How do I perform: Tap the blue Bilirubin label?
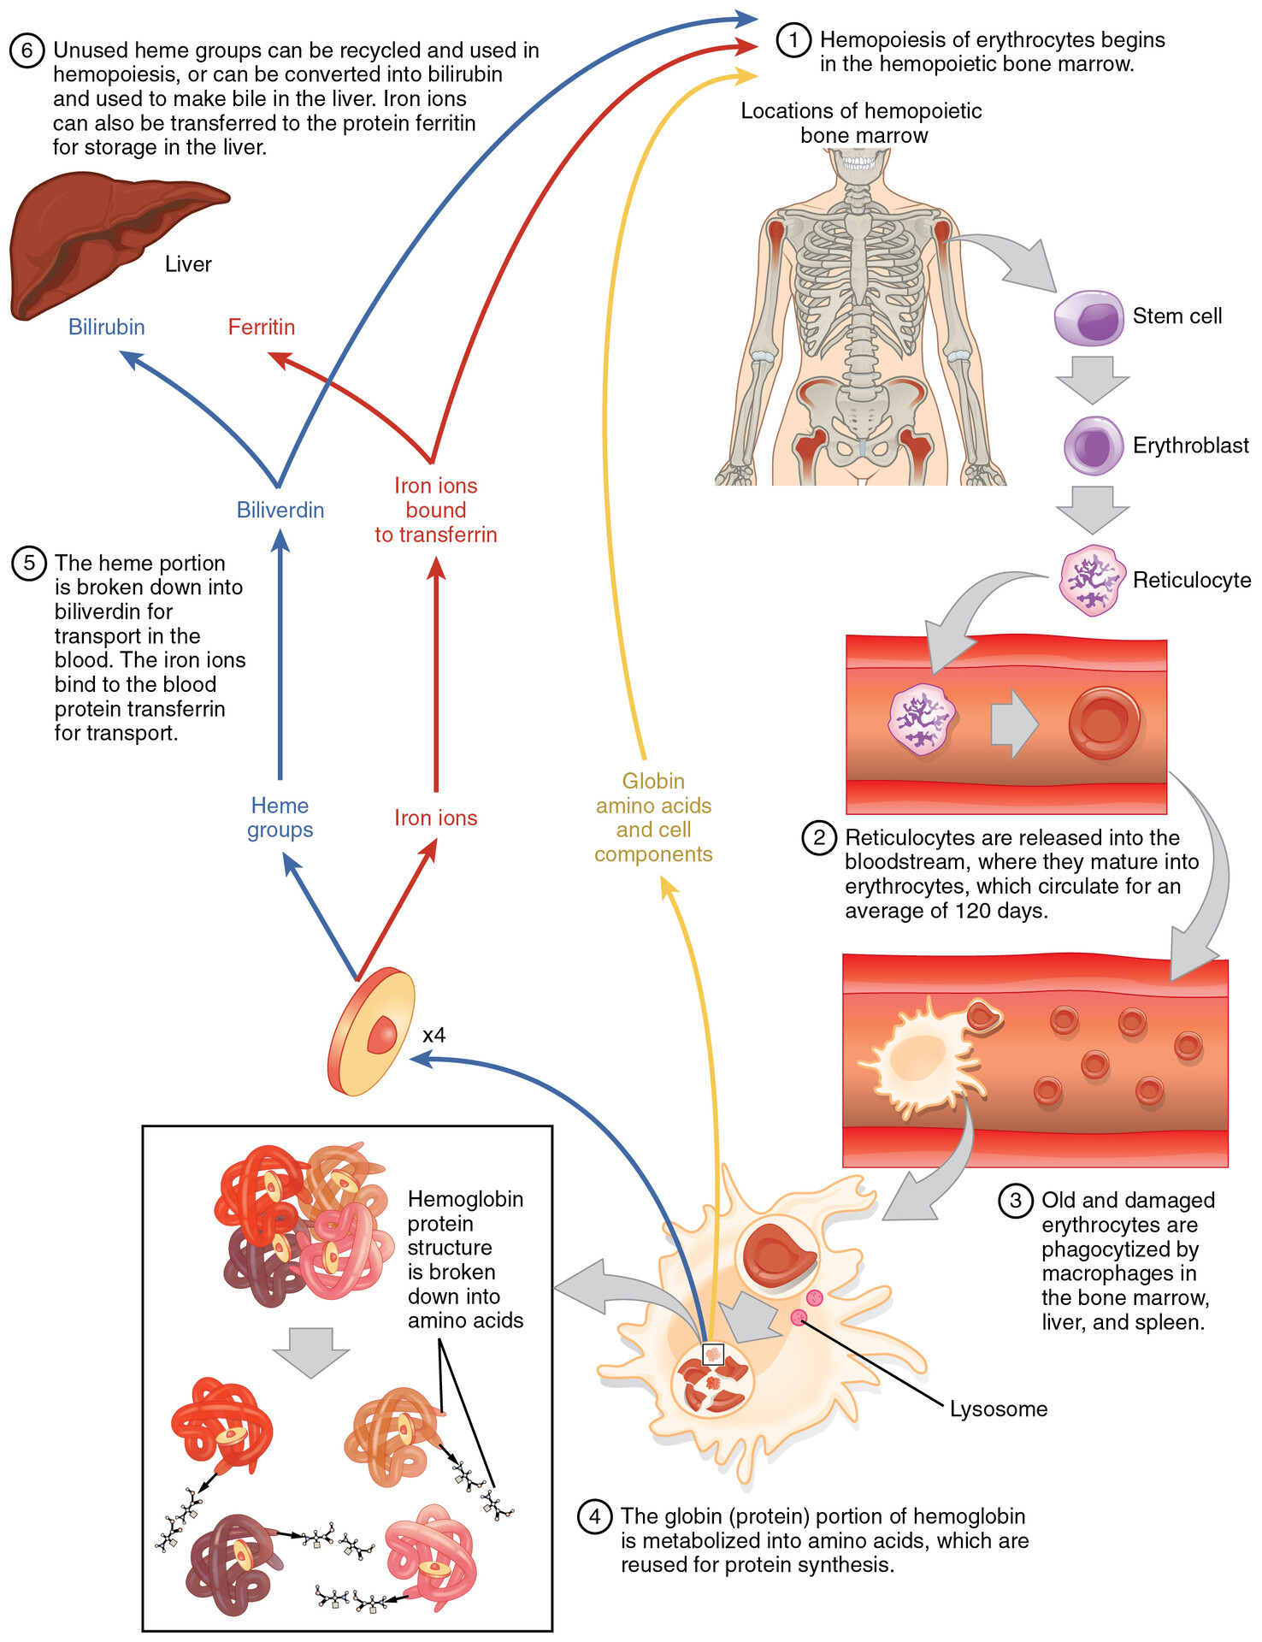tap(107, 327)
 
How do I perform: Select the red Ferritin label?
tap(262, 327)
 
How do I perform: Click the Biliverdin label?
tap(280, 510)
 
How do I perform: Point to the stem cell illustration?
tap(1088, 317)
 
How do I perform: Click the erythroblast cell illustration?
tap(1094, 446)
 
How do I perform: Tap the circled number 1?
tap(793, 39)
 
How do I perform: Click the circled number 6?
tap(27, 50)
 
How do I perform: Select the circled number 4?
tap(595, 1516)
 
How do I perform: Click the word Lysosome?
tap(998, 1409)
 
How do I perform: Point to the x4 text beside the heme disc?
tap(434, 1035)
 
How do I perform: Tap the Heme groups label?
tap(280, 818)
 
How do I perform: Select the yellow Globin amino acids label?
tap(653, 818)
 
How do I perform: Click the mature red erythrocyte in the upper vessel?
tap(1104, 722)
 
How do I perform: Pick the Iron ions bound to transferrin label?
tap(435, 510)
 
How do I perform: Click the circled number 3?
tap(1015, 1200)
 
